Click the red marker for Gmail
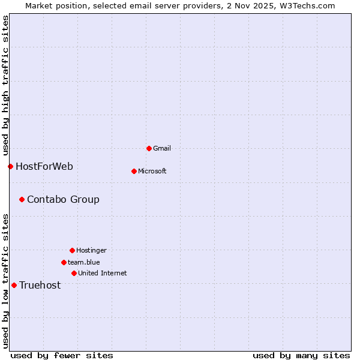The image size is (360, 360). point(149,148)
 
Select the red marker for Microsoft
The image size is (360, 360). point(134,171)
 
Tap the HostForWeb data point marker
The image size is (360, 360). point(10,166)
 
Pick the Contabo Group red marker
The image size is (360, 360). point(22,199)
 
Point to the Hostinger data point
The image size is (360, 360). point(72,250)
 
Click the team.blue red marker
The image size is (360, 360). point(64,262)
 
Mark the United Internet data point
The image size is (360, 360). point(74,273)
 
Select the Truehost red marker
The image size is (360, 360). point(14,285)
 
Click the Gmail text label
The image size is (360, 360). point(162,148)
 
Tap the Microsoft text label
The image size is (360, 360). point(152,171)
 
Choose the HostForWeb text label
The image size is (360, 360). point(44,166)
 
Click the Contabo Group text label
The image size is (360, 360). point(63,199)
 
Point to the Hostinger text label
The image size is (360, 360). point(91,250)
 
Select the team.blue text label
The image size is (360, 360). point(83,262)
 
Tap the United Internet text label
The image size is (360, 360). point(102,273)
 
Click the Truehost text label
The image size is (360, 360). point(40,285)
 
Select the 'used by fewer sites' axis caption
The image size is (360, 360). point(62,355)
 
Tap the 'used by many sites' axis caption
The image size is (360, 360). point(301,355)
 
